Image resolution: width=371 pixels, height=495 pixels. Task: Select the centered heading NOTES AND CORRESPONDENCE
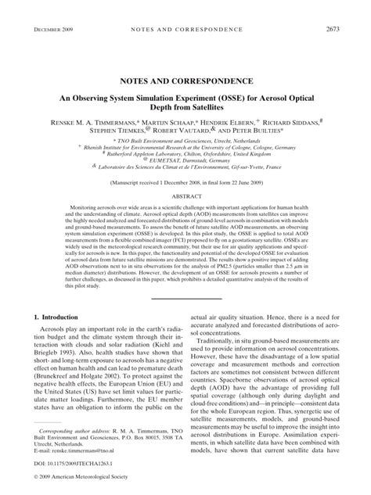click(185, 81)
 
